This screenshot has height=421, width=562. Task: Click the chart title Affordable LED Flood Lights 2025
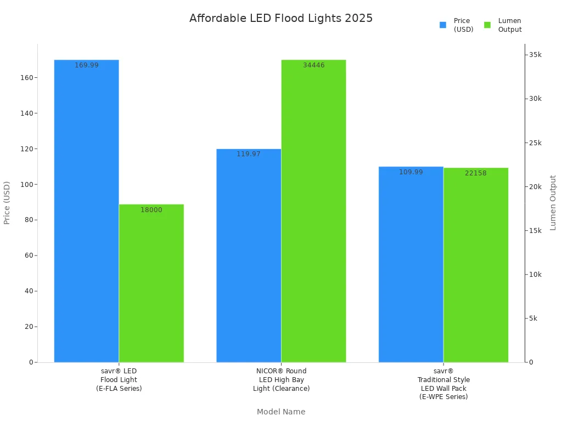[281, 18]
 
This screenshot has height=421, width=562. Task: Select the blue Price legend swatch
[443, 25]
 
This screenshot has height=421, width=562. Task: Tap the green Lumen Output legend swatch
[487, 25]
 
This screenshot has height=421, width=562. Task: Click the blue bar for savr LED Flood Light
[86, 219]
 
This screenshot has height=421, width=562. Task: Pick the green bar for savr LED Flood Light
[151, 285]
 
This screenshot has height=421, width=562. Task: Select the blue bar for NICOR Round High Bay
[249, 258]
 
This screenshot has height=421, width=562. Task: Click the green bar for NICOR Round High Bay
[313, 219]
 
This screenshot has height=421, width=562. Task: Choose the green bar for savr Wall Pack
[476, 269]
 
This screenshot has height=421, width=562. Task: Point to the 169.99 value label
[87, 65]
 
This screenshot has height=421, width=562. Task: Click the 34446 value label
[314, 65]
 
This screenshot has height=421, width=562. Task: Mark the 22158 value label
[476, 173]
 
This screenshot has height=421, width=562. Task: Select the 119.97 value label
[249, 154]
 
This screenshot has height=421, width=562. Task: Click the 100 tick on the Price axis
[26, 184]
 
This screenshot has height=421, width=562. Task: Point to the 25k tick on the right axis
[535, 143]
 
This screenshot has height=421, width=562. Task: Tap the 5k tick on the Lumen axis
[533, 318]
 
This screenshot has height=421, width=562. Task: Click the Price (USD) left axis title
[7, 203]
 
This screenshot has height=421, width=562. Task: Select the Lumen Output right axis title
[553, 203]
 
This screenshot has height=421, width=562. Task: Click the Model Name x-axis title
[281, 412]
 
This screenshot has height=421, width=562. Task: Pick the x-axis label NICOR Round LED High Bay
[282, 379]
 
